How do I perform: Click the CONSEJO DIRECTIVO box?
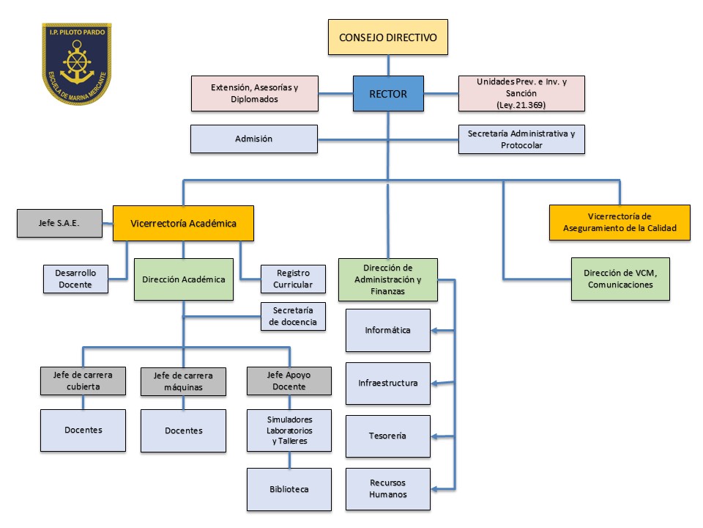pyautogui.click(x=387, y=37)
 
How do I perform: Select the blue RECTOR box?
pyautogui.click(x=388, y=93)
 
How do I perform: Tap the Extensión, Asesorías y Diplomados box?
pyautogui.click(x=254, y=93)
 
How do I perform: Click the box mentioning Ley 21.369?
pyautogui.click(x=521, y=93)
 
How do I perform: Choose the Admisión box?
pyautogui.click(x=253, y=139)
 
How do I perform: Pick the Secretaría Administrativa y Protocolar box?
pyautogui.click(x=521, y=139)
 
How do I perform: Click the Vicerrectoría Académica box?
pyautogui.click(x=183, y=223)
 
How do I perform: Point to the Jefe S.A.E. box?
pyautogui.click(x=59, y=223)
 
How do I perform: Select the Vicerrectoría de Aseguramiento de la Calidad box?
pyautogui.click(x=620, y=222)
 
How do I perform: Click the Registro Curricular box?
pyautogui.click(x=293, y=279)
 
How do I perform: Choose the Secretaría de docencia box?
pyautogui.click(x=293, y=316)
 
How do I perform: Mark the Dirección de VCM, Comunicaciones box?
pyautogui.click(x=620, y=279)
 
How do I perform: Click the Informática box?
pyautogui.click(x=387, y=330)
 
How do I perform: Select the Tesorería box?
pyautogui.click(x=387, y=436)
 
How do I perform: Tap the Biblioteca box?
pyautogui.click(x=289, y=489)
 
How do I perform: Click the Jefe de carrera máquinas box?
pyautogui.click(x=183, y=381)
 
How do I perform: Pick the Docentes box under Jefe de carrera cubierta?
pyautogui.click(x=82, y=430)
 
